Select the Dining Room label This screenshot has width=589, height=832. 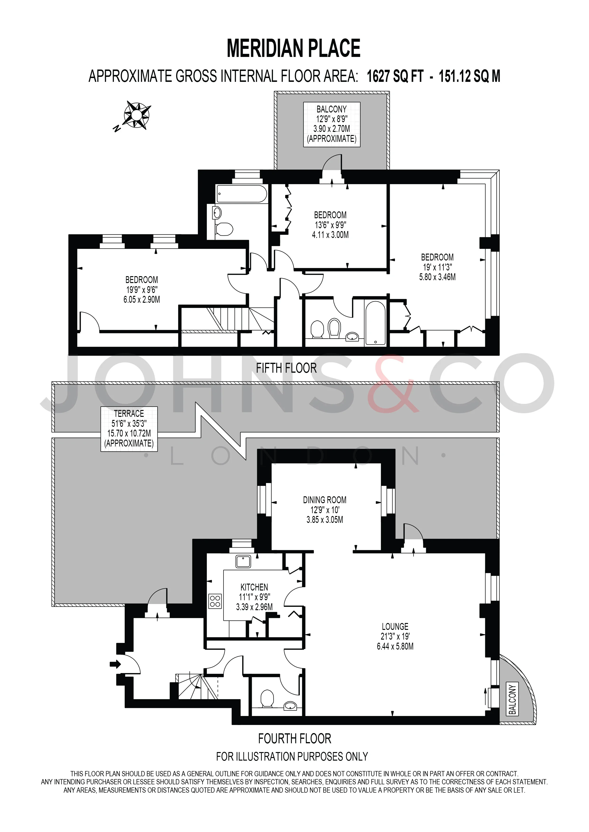coord(325,510)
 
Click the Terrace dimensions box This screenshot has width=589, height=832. coord(129,429)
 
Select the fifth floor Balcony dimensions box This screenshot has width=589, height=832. coord(332,124)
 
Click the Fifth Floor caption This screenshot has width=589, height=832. coord(286,368)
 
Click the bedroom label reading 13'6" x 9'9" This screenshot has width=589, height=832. coord(330,225)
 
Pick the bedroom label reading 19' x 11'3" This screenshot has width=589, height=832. coord(437,267)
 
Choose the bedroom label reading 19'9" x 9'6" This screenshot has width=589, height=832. coord(142,289)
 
